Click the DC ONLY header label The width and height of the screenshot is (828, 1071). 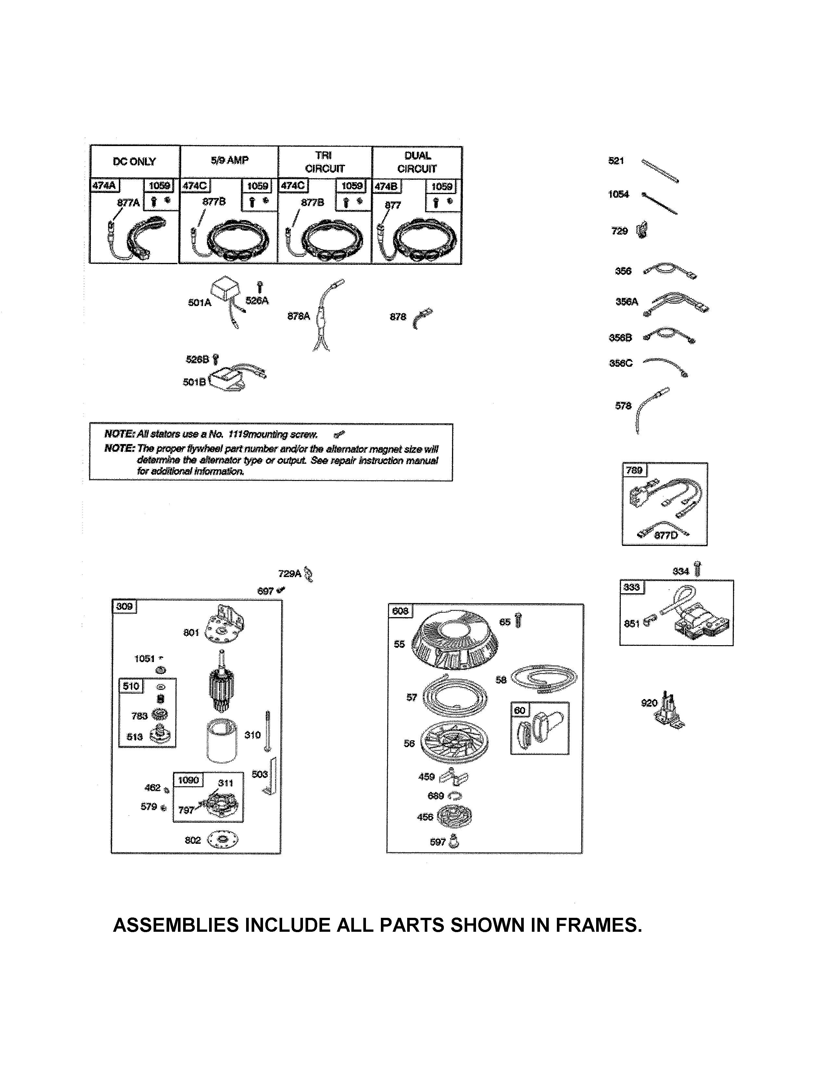pyautogui.click(x=134, y=162)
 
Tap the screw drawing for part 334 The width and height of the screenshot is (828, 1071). pyautogui.click(x=698, y=569)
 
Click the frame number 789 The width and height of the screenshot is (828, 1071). pyautogui.click(x=634, y=470)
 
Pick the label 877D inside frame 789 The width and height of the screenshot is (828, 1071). pyautogui.click(x=666, y=535)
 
